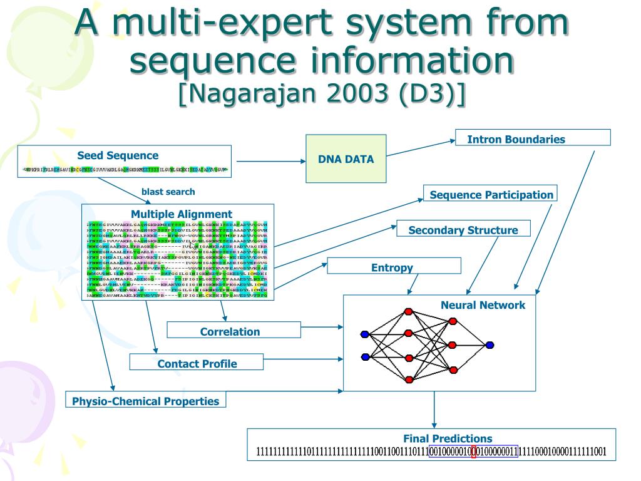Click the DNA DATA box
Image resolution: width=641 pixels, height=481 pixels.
[346, 158]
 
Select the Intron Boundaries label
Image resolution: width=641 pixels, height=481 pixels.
[516, 139]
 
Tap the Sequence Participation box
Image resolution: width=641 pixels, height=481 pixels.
[491, 194]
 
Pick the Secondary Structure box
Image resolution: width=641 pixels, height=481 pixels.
[463, 230]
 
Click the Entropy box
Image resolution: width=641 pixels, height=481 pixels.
[392, 267]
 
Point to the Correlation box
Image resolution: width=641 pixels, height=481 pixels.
[230, 331]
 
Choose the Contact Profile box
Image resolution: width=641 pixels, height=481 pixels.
[197, 363]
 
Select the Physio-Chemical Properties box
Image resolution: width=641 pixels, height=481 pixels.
[145, 401]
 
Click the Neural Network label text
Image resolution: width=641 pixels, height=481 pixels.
[483, 306]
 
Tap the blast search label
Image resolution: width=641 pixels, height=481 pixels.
[168, 192]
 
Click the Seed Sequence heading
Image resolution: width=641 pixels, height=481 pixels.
[118, 155]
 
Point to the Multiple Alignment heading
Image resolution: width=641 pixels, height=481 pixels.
[181, 214]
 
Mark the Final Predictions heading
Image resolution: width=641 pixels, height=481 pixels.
[448, 438]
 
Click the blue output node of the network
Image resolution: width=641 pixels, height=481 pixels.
[490, 344]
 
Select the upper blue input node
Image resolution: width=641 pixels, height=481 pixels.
[365, 334]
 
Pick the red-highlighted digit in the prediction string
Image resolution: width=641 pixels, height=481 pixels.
[473, 452]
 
